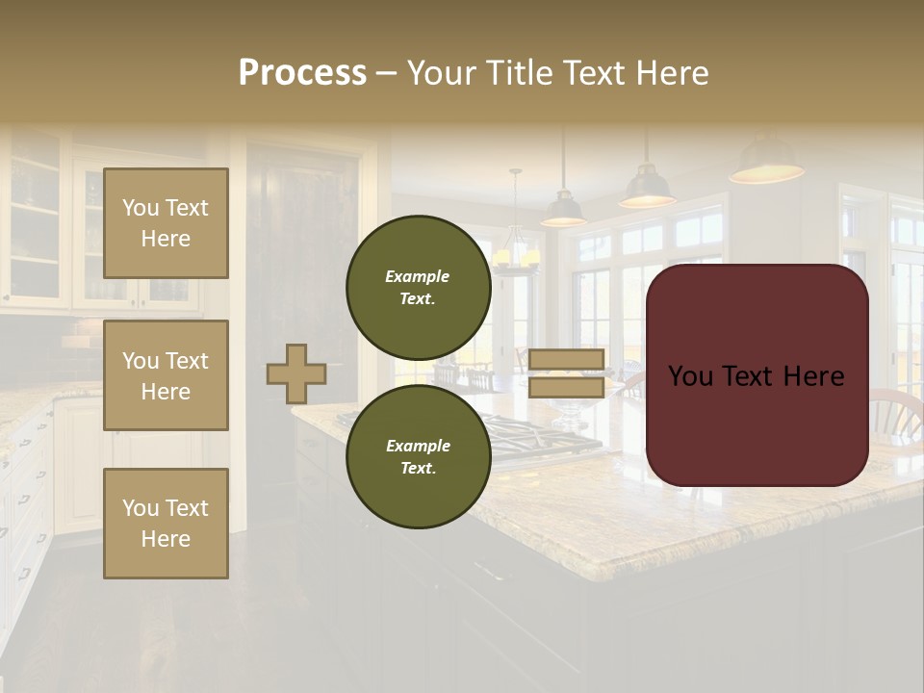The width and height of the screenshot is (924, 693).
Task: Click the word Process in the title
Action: pyautogui.click(x=302, y=73)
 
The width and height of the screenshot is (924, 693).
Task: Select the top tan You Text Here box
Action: pyautogui.click(x=166, y=223)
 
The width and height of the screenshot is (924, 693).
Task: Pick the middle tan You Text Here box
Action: pyautogui.click(x=166, y=375)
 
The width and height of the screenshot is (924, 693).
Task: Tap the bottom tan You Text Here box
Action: pyautogui.click(x=166, y=524)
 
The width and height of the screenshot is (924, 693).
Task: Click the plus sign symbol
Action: pyautogui.click(x=296, y=373)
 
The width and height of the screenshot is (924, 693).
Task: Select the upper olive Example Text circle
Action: pyautogui.click(x=418, y=288)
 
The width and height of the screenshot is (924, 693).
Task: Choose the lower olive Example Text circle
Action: pyautogui.click(x=418, y=456)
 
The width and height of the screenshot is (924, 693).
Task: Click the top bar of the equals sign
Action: pyautogui.click(x=566, y=359)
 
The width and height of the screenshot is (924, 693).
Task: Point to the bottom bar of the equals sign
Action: pyautogui.click(x=566, y=387)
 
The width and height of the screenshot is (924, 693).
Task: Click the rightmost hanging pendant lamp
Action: pyautogui.click(x=766, y=166)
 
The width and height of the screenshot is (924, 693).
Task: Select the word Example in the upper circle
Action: pyautogui.click(x=418, y=276)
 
